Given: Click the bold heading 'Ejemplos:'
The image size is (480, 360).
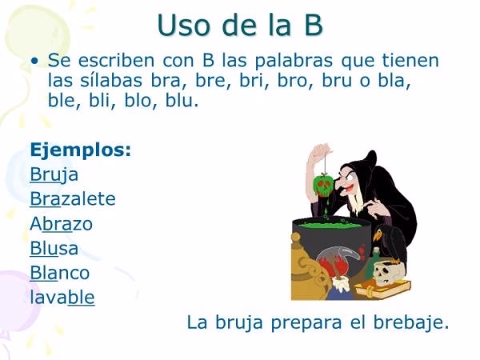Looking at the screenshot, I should point(80,150).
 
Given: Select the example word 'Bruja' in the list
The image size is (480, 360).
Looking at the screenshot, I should point(54,174).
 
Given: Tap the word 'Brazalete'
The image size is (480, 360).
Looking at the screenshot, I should point(72,198).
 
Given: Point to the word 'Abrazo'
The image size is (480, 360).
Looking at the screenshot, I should point(61,223).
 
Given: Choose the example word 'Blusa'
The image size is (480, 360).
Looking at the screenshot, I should point(54,248).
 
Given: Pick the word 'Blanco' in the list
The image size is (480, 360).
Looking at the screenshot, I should point(59,273).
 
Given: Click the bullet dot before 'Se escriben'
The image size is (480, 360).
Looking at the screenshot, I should point(34,61).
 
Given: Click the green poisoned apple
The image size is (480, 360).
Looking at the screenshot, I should point(323,186).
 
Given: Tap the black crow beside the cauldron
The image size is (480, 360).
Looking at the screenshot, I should point(393,240).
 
